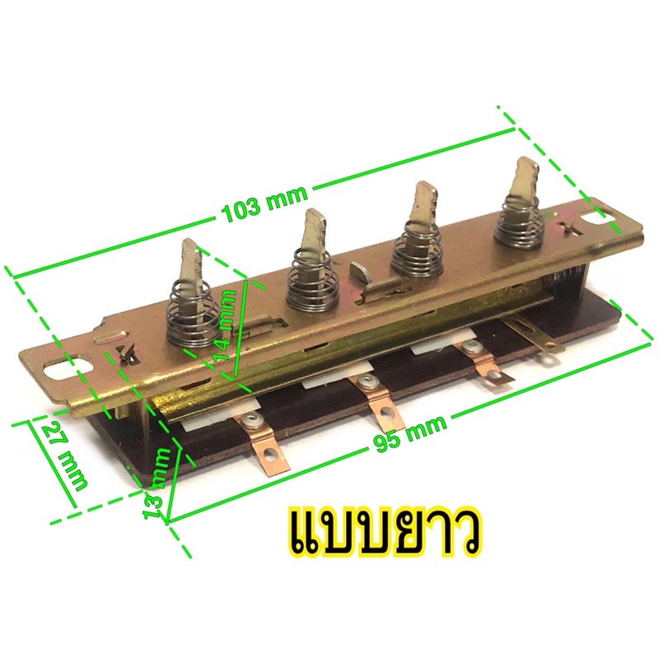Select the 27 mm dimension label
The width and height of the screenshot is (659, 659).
pos(65,456)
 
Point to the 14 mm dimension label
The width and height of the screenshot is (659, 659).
pos(227,325)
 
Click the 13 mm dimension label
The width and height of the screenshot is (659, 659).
pos(157,484)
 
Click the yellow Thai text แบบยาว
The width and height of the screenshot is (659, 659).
pos(387,532)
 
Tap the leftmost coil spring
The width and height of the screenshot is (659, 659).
pos(194,312)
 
